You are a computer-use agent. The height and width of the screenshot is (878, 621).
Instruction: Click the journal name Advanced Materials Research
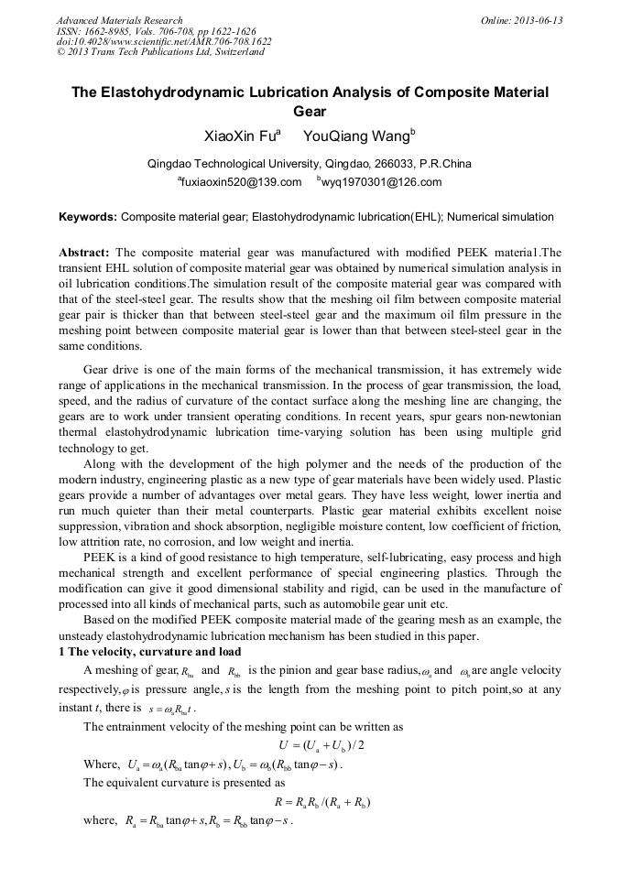point(119,20)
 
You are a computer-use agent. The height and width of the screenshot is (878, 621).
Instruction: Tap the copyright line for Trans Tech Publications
point(159,52)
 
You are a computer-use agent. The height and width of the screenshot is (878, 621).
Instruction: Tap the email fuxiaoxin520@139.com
point(241,182)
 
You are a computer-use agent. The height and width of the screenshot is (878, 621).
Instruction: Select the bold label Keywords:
point(88,218)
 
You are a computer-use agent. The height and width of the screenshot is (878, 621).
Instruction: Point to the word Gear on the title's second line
point(310,111)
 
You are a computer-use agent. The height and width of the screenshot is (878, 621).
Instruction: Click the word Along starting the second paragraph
point(101,464)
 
